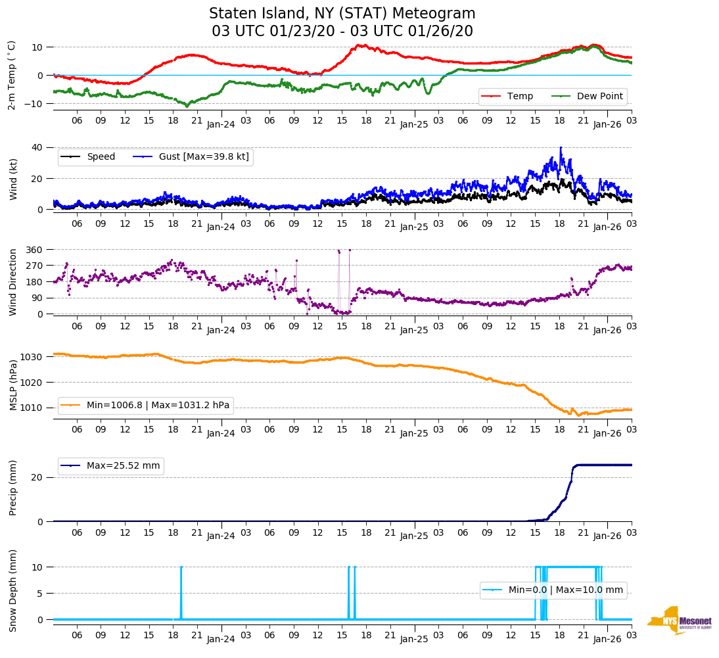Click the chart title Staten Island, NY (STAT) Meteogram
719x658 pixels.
coord(342,14)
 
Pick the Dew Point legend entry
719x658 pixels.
coord(599,96)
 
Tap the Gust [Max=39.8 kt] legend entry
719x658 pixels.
coord(204,156)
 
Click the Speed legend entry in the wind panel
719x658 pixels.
coord(101,156)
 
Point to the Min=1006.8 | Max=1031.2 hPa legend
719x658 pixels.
coord(158,405)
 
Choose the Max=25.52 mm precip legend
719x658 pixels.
coord(123,465)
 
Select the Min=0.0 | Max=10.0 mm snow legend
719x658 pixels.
coord(565,590)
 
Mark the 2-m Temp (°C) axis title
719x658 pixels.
coord(12,75)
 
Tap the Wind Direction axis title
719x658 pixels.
coord(13,282)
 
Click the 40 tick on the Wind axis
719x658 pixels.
coord(37,147)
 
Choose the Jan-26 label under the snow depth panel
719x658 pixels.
coord(607,639)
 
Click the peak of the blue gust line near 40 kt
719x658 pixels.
coord(561,148)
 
